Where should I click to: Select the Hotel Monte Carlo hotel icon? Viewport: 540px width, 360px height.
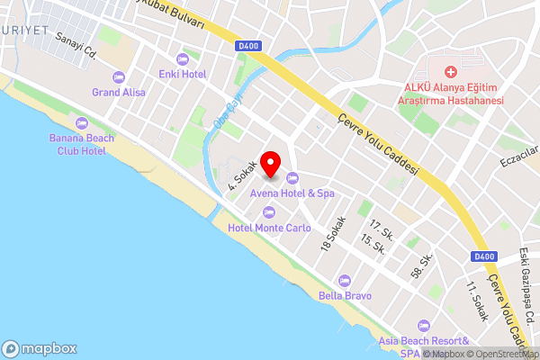(x=269, y=211)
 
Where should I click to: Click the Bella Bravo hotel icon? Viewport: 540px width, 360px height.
(x=343, y=280)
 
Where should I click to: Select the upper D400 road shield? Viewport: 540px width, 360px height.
(x=250, y=46)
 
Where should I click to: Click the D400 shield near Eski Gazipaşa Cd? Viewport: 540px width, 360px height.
(x=484, y=256)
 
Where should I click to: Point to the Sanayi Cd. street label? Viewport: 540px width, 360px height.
(x=76, y=44)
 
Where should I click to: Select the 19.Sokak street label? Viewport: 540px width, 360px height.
(x=333, y=233)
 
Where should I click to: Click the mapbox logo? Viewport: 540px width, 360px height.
(x=40, y=348)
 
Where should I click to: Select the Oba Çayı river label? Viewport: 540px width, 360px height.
(x=223, y=116)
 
